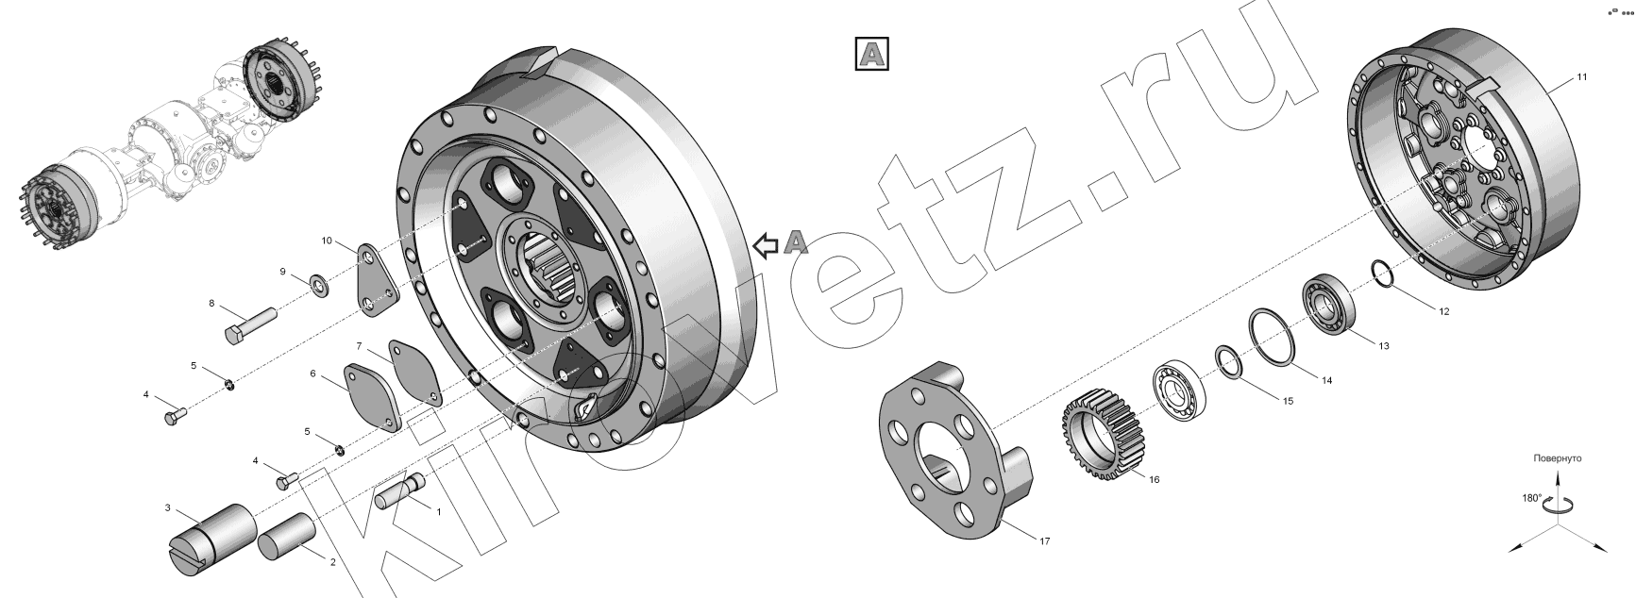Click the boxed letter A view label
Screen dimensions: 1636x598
[x=872, y=54]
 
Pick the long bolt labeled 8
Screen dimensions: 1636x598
[x=249, y=324]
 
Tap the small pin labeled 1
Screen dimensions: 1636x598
[x=401, y=492]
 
